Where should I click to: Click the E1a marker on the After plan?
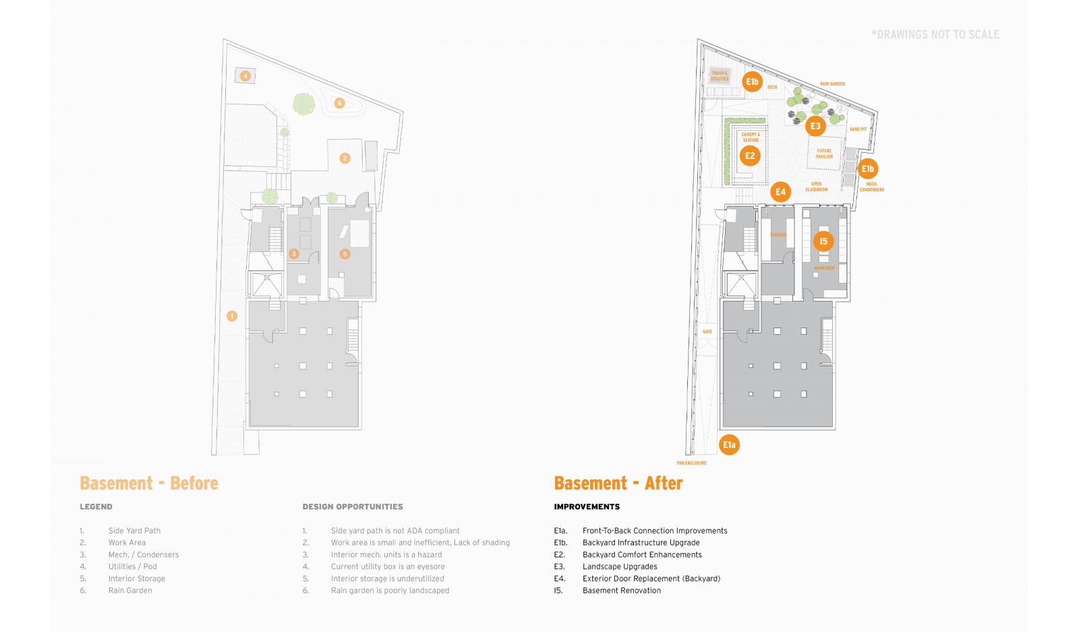(x=729, y=445)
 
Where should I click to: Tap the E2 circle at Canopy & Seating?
(x=750, y=156)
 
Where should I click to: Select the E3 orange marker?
(x=815, y=126)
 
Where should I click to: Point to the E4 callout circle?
(x=780, y=192)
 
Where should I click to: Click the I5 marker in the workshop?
(x=823, y=241)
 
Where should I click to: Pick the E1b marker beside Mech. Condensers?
(x=867, y=169)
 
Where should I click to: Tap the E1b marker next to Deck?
(x=752, y=82)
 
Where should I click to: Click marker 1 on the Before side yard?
(x=232, y=316)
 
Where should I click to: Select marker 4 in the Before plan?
(x=245, y=76)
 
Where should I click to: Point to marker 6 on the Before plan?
(x=339, y=103)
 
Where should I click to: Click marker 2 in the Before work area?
(x=345, y=158)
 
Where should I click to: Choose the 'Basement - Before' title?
(x=149, y=483)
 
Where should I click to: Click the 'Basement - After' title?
(x=618, y=483)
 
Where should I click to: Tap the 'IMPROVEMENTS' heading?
(x=587, y=507)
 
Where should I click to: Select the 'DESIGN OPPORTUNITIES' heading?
(x=353, y=507)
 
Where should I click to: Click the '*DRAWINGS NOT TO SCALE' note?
(x=935, y=34)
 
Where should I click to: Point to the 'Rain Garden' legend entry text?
(x=130, y=591)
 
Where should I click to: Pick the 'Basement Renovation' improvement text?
(x=622, y=591)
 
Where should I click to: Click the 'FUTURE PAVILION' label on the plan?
(x=824, y=154)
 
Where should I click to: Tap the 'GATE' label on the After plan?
(x=707, y=331)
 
